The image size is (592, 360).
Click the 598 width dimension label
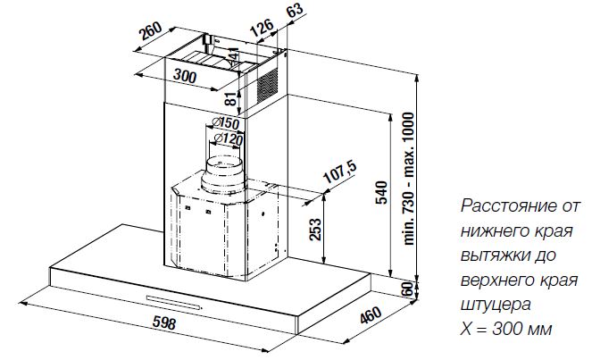[163, 322]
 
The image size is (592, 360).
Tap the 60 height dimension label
[409, 289]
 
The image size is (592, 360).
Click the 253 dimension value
[314, 231]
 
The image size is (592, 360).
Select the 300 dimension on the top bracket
[185, 76]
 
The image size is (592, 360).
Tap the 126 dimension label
[261, 30]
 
